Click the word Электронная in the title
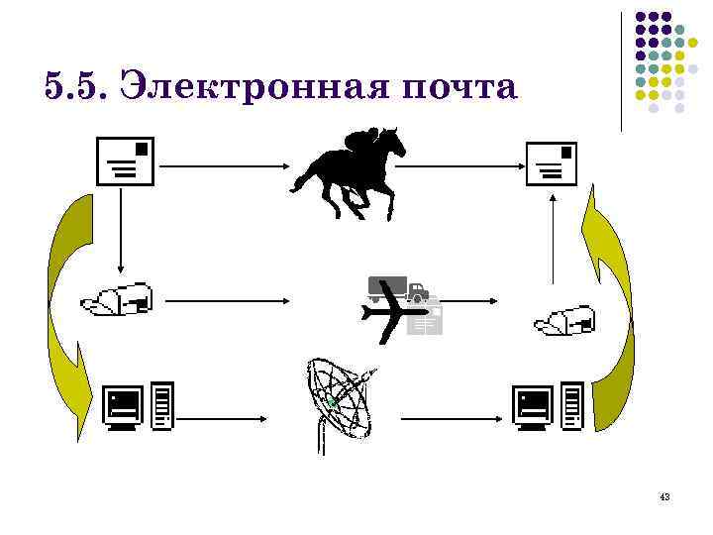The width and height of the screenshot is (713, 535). [253, 87]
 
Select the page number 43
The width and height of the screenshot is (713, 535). [663, 495]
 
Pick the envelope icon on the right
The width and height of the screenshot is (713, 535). [552, 164]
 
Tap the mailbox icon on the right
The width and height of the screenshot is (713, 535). [565, 319]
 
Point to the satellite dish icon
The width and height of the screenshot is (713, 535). [340, 401]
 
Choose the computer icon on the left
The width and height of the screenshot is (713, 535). [139, 407]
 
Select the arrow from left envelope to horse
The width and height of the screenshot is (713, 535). [223, 166]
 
